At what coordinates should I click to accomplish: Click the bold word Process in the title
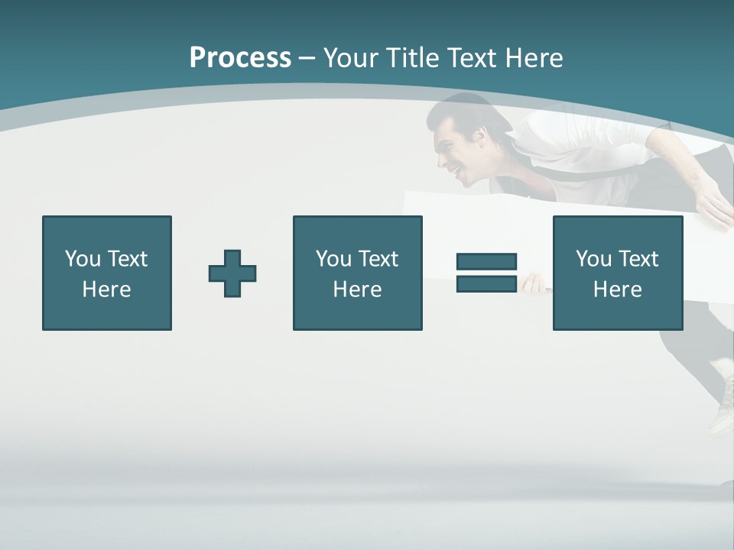(x=240, y=58)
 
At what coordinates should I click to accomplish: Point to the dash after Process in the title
(x=306, y=58)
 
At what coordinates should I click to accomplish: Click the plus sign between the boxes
(x=232, y=273)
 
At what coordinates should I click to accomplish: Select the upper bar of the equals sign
(x=486, y=261)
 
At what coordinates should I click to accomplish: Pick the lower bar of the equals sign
(x=486, y=283)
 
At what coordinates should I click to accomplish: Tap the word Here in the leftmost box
(x=107, y=290)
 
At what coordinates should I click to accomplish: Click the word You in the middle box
(x=333, y=259)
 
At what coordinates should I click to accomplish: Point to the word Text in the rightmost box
(x=639, y=259)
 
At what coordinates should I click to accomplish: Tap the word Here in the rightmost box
(x=618, y=290)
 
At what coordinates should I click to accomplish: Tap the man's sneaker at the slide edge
(x=722, y=405)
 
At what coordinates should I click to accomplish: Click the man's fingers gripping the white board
(x=534, y=284)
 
